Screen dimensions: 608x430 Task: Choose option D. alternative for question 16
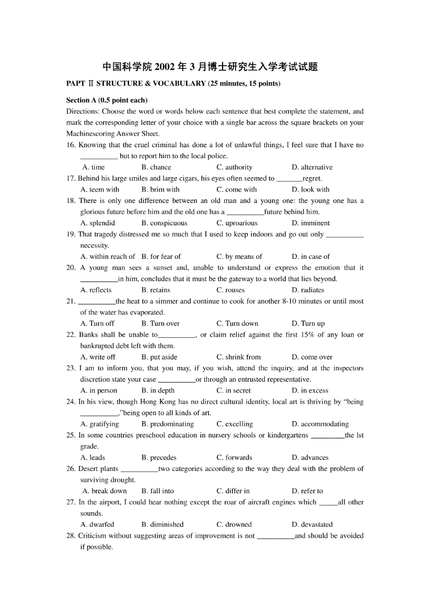pyautogui.click(x=312, y=167)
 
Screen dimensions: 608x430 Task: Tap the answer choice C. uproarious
pyautogui.click(x=237, y=223)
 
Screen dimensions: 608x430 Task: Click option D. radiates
pyautogui.click(x=308, y=290)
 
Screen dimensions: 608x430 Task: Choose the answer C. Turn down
pyautogui.click(x=237, y=324)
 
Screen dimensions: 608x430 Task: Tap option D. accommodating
pyautogui.click(x=320, y=424)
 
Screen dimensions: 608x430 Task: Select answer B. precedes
pyautogui.click(x=159, y=457)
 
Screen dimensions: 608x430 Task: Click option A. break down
pyautogui.click(x=105, y=491)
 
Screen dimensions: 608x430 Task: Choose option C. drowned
pyautogui.click(x=234, y=525)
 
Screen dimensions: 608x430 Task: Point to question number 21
pyautogui.click(x=71, y=302)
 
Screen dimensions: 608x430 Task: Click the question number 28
pyautogui.click(x=71, y=536)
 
